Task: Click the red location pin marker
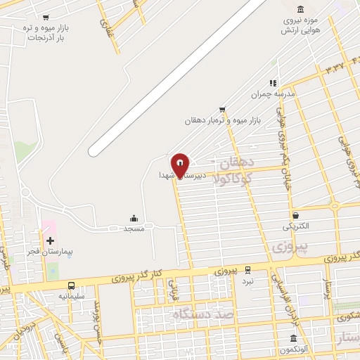point(181,165)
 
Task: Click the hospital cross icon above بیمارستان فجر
point(50,240)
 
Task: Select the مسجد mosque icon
point(134,219)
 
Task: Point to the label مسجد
point(134,229)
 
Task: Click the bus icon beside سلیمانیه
point(71,286)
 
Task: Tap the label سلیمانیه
point(71,296)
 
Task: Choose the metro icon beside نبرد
point(247,269)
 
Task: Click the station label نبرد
point(247,281)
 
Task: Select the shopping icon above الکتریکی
point(295,215)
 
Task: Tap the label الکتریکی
point(295,226)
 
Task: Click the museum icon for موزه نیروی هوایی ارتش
point(301,9)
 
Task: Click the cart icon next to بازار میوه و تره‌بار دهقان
point(222,109)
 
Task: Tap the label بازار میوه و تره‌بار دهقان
point(222,120)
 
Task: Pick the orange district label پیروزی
point(287,248)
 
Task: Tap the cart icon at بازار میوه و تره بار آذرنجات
point(46,17)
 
